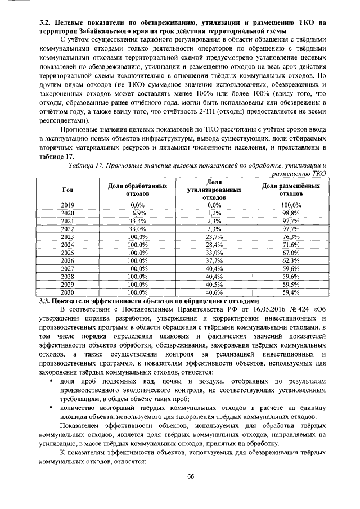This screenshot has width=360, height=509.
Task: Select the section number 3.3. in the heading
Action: (x=46, y=301)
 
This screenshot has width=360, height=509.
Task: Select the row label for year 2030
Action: (x=67, y=292)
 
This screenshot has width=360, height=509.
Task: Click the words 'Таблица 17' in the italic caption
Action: (x=85, y=164)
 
